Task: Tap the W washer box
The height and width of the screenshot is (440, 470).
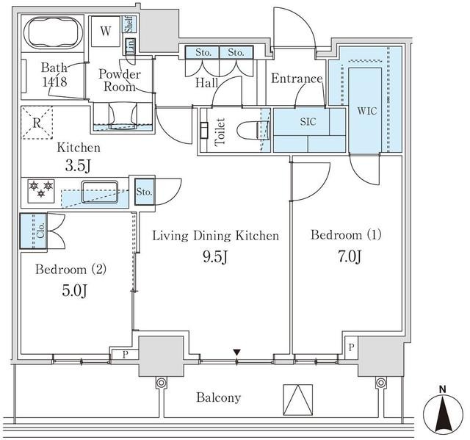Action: [x=106, y=32]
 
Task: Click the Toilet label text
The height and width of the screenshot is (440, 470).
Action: [x=219, y=131]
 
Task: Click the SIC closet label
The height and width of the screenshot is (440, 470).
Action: [x=308, y=122]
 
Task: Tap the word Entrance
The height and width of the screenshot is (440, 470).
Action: [x=297, y=79]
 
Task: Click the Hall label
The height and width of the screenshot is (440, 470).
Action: [x=206, y=84]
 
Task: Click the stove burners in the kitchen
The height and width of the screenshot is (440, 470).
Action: [x=41, y=190]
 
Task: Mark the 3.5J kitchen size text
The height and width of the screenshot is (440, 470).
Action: [x=79, y=166]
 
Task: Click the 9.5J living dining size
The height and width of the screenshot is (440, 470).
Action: [x=215, y=257]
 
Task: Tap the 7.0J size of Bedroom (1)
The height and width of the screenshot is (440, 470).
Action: [x=347, y=256]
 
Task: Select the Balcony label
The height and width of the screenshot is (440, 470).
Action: [x=218, y=397]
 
